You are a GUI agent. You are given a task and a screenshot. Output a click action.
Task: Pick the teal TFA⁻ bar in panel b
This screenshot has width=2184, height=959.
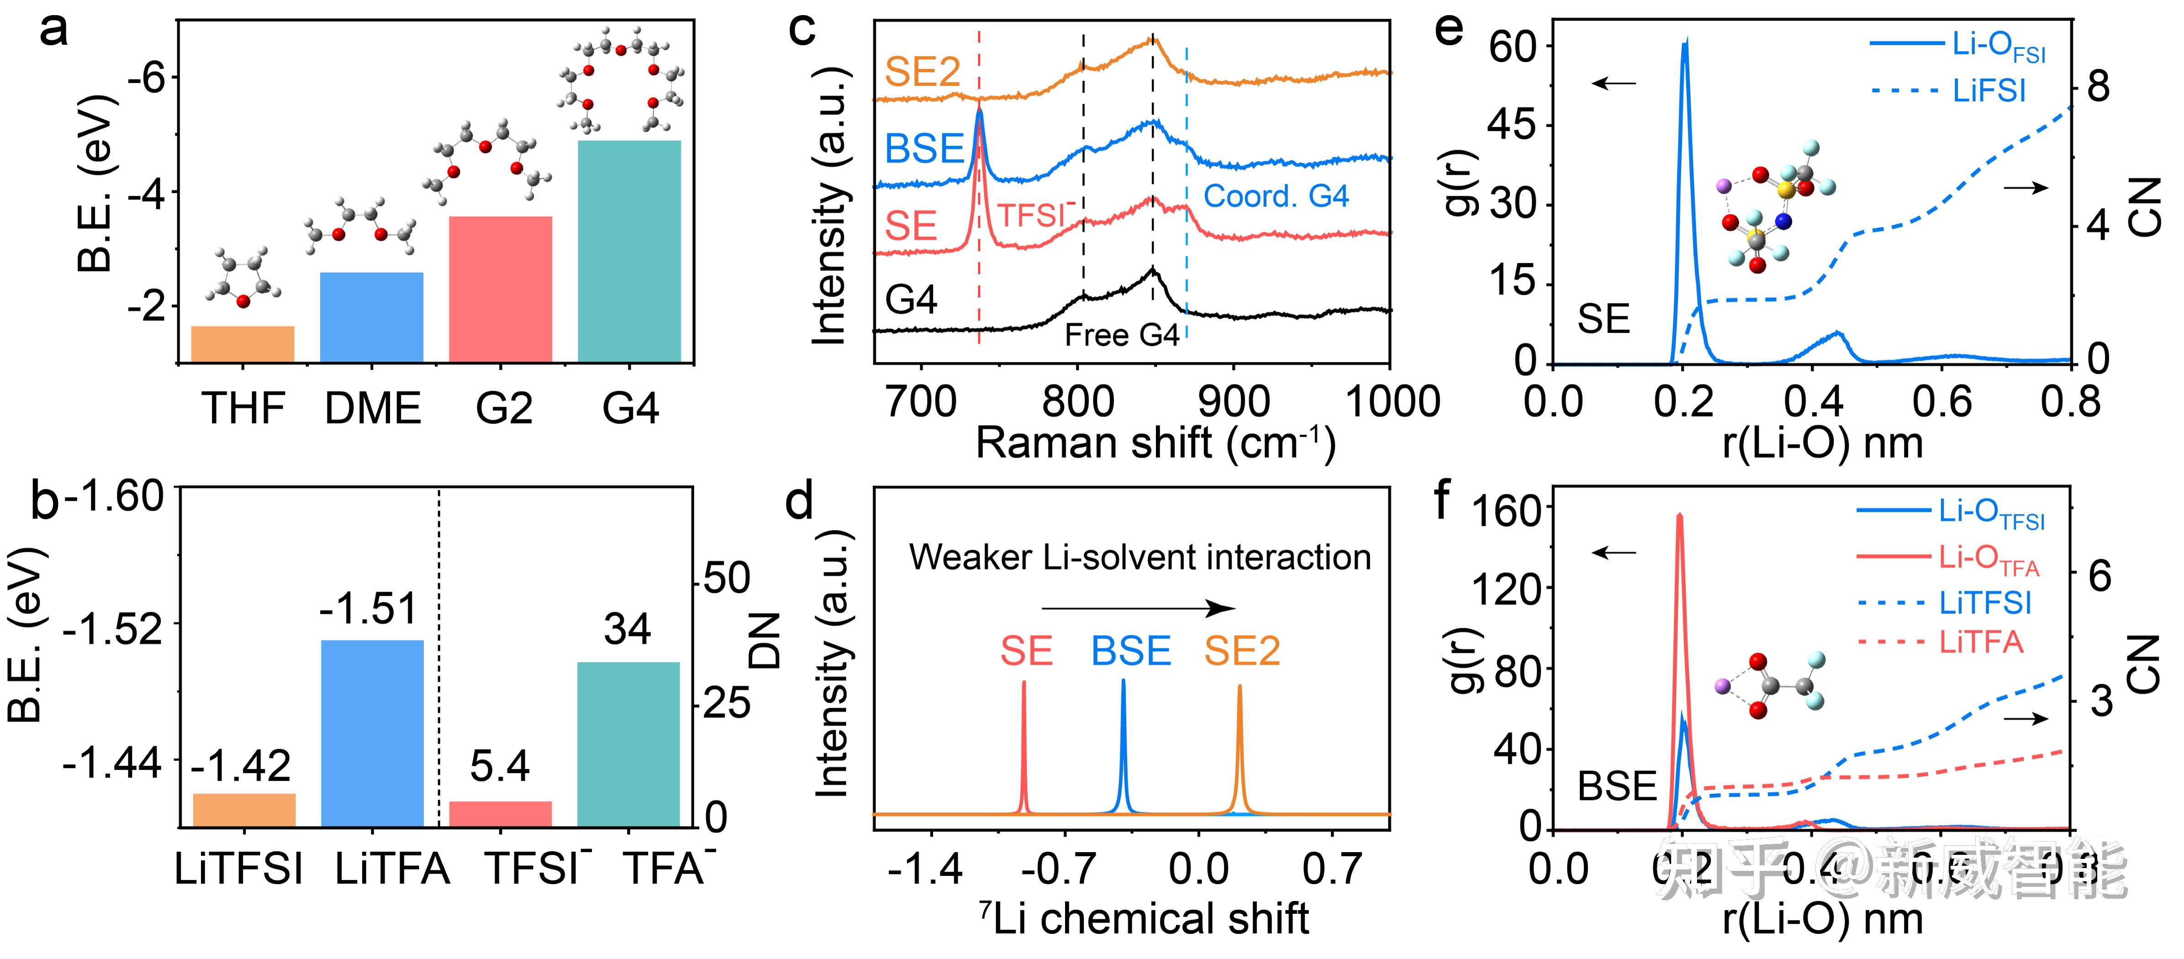(x=628, y=744)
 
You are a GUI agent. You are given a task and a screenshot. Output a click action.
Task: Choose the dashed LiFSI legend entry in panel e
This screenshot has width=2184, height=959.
(x=1950, y=90)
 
